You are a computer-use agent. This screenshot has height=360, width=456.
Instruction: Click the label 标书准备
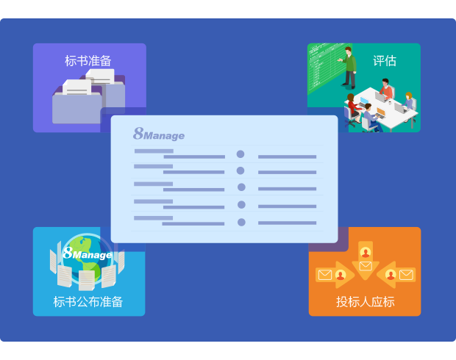[x=88, y=61]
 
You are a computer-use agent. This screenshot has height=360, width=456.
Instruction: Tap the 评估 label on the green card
[x=384, y=61]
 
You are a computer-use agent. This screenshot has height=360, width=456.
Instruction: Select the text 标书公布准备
[x=88, y=301]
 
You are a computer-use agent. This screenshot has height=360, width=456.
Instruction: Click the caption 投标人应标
[x=365, y=301]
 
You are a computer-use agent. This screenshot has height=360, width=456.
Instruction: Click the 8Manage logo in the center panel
[x=159, y=134]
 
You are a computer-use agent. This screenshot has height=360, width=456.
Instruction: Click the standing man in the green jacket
[x=349, y=66]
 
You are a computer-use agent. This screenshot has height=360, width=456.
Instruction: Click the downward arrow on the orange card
[x=366, y=257]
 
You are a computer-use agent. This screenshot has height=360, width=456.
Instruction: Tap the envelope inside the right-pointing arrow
[x=324, y=276]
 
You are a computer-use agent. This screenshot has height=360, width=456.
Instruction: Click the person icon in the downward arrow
[x=366, y=253]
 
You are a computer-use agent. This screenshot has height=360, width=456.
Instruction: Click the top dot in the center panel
[x=241, y=154]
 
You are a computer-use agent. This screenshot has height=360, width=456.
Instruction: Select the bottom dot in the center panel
[x=241, y=222]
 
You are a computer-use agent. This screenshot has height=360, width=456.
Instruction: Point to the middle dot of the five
[x=241, y=188]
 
